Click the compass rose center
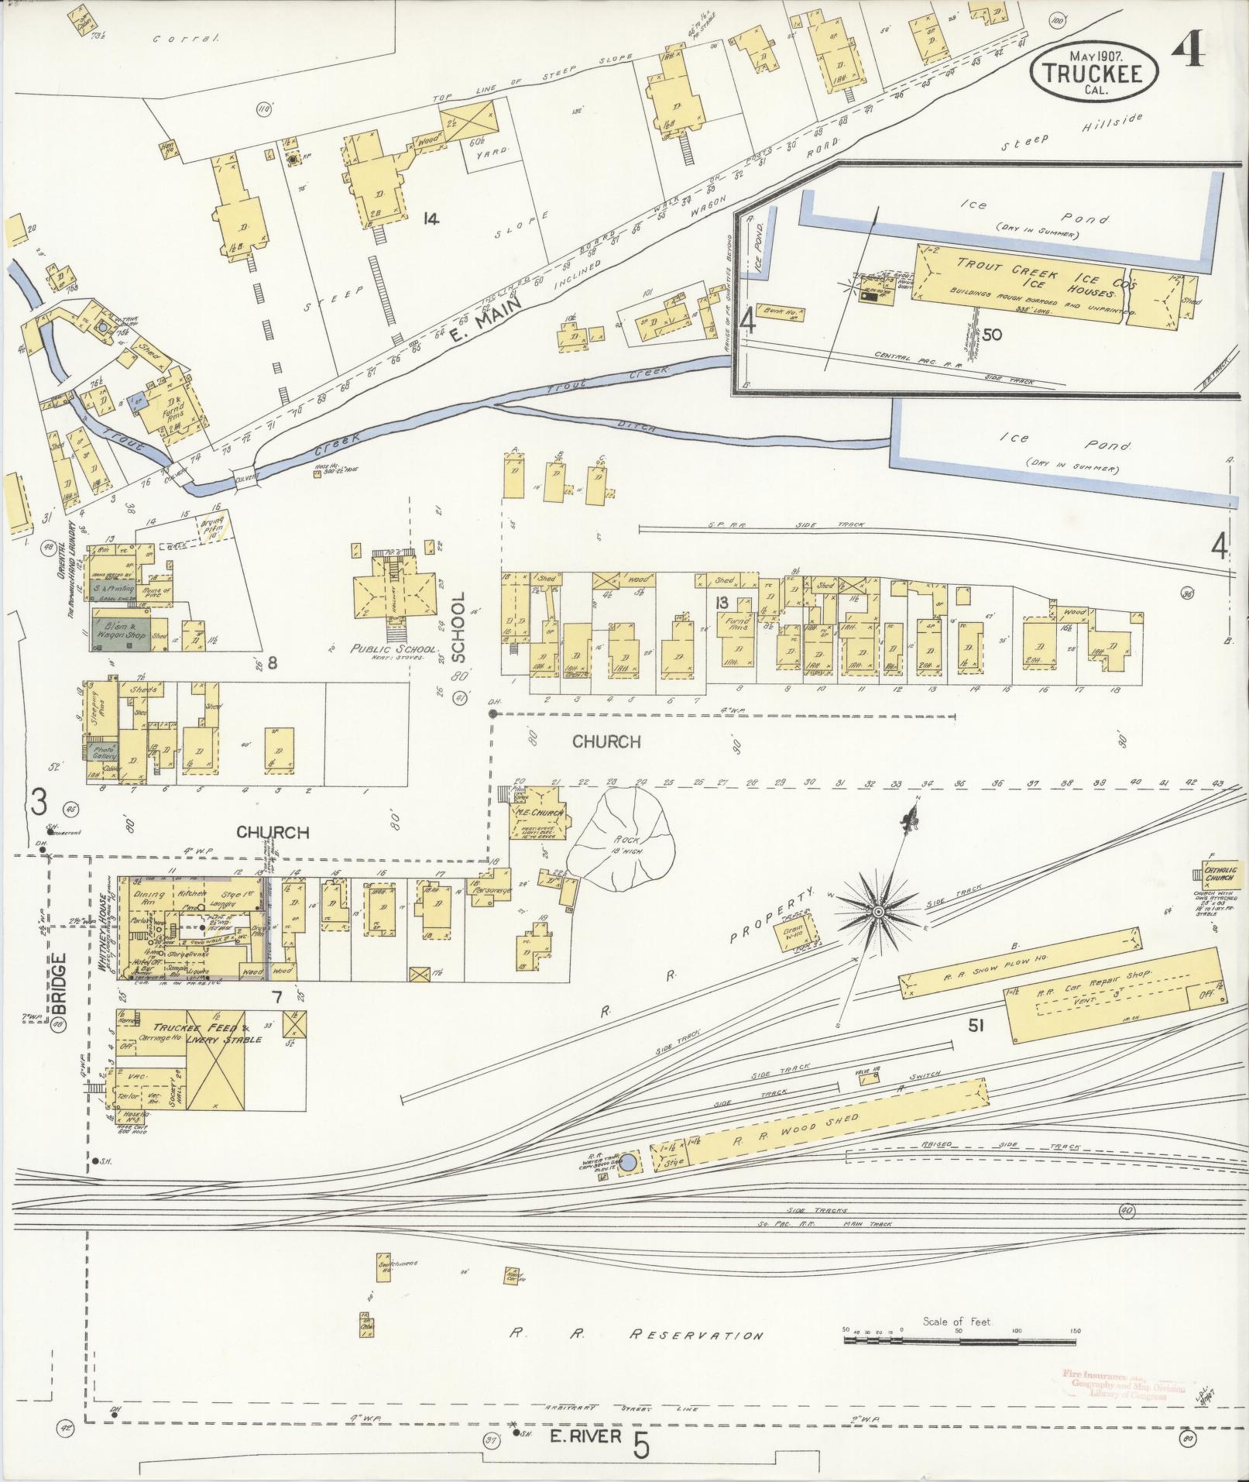coord(878,913)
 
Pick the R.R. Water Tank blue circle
coord(630,1163)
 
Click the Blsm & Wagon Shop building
coord(120,630)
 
